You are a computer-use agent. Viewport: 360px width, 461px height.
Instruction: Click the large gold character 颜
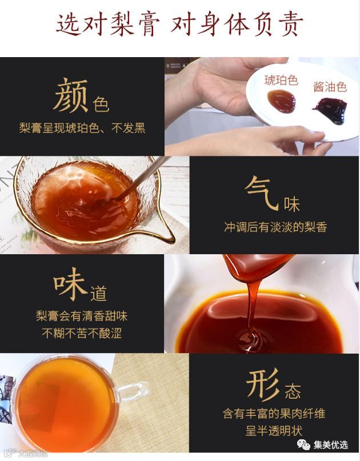pos(71,95)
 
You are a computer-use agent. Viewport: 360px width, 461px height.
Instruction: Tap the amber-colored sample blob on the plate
pos(282,101)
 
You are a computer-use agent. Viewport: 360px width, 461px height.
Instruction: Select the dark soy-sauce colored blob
pos(331,111)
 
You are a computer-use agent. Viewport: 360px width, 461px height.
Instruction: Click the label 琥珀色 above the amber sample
pos(281,80)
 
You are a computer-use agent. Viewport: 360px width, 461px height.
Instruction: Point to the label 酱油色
pos(330,87)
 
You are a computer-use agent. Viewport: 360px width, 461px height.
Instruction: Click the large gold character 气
pos(262,193)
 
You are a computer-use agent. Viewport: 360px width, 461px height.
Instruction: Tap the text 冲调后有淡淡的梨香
pos(275,227)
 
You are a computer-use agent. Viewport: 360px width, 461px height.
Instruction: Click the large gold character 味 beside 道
pos(71,284)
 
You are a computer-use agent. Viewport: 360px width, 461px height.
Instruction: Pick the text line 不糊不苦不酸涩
pos(82,334)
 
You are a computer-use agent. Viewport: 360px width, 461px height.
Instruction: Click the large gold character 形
pos(263,384)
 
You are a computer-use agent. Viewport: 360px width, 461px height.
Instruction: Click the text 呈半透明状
pos(274,431)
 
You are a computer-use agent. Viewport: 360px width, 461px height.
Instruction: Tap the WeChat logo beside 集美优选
pos(303,445)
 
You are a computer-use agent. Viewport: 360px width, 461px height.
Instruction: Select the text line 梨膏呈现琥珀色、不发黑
pos(82,128)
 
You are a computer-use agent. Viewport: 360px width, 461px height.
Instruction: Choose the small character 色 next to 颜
pos(101,104)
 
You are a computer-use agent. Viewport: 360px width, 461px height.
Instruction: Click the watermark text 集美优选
pos(331,445)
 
